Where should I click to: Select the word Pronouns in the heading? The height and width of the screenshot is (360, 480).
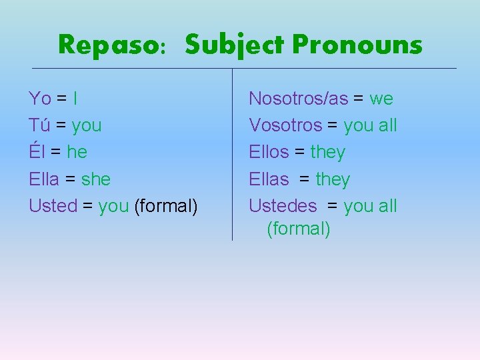click(357, 45)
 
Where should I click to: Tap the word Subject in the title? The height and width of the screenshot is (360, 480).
click(235, 46)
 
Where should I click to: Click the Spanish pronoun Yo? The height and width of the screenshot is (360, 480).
click(40, 99)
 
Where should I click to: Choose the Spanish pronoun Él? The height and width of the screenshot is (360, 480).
click(37, 152)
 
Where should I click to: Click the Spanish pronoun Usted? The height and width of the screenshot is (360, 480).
click(53, 206)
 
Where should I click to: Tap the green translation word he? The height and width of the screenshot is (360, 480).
click(77, 152)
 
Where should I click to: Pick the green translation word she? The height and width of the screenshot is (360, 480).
click(95, 179)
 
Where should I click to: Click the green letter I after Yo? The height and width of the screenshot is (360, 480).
click(75, 99)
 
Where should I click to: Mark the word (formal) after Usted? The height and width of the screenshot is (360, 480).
click(166, 206)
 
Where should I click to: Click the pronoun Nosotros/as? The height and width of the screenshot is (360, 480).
click(298, 99)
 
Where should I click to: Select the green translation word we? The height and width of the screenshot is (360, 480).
click(381, 99)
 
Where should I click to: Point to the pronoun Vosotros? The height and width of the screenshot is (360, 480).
click(285, 125)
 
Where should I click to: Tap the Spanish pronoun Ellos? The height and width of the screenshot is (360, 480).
click(269, 152)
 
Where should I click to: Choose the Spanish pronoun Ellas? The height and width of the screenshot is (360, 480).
click(269, 179)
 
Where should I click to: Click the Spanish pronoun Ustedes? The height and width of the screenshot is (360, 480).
click(283, 206)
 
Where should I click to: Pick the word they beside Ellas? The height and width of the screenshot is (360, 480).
click(333, 179)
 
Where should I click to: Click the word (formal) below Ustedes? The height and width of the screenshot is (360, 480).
click(298, 229)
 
